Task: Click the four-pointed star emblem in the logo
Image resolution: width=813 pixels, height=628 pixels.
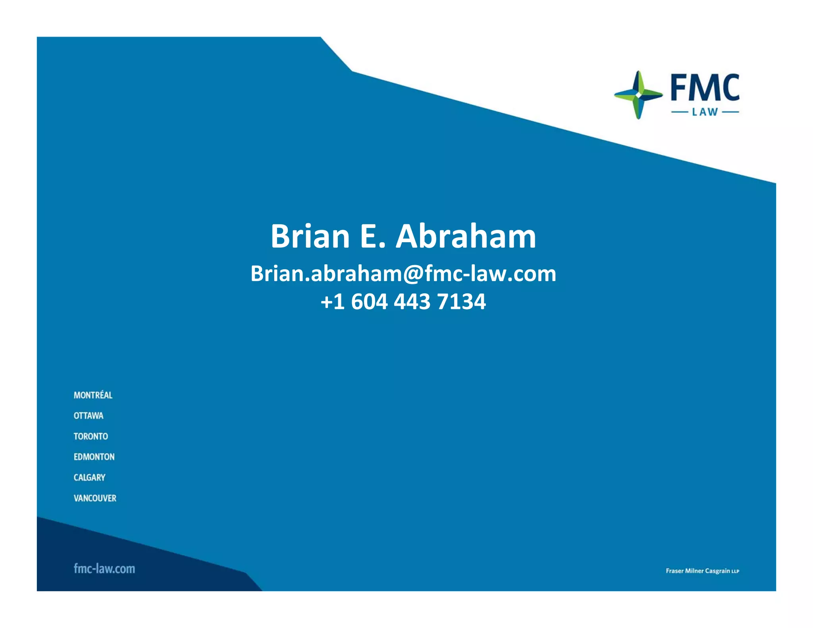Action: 638,95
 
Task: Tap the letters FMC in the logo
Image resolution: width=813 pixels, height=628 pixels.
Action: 705,88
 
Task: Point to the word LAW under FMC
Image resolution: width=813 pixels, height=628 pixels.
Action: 705,112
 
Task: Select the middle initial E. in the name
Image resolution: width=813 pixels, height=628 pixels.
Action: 372,237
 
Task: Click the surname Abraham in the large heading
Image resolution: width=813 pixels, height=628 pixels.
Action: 466,237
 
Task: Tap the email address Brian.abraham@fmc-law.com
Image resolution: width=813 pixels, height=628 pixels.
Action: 403,274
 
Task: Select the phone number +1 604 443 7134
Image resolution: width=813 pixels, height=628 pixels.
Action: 403,302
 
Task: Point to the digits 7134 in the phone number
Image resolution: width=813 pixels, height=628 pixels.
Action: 461,302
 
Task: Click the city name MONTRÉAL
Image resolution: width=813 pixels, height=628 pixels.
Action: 93,395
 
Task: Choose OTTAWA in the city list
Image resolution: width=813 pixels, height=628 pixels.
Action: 89,416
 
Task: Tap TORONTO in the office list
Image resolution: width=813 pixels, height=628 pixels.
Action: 91,436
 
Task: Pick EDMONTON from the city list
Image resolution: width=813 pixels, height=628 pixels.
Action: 94,457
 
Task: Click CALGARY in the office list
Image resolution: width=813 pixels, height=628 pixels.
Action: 89,478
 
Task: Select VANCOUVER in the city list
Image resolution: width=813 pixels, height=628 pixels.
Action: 95,498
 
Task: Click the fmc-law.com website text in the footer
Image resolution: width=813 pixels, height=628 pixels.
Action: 104,568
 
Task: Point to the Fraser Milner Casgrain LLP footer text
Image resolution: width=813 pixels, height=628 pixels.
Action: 702,571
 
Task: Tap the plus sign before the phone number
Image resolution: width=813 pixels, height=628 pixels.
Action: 326,302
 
